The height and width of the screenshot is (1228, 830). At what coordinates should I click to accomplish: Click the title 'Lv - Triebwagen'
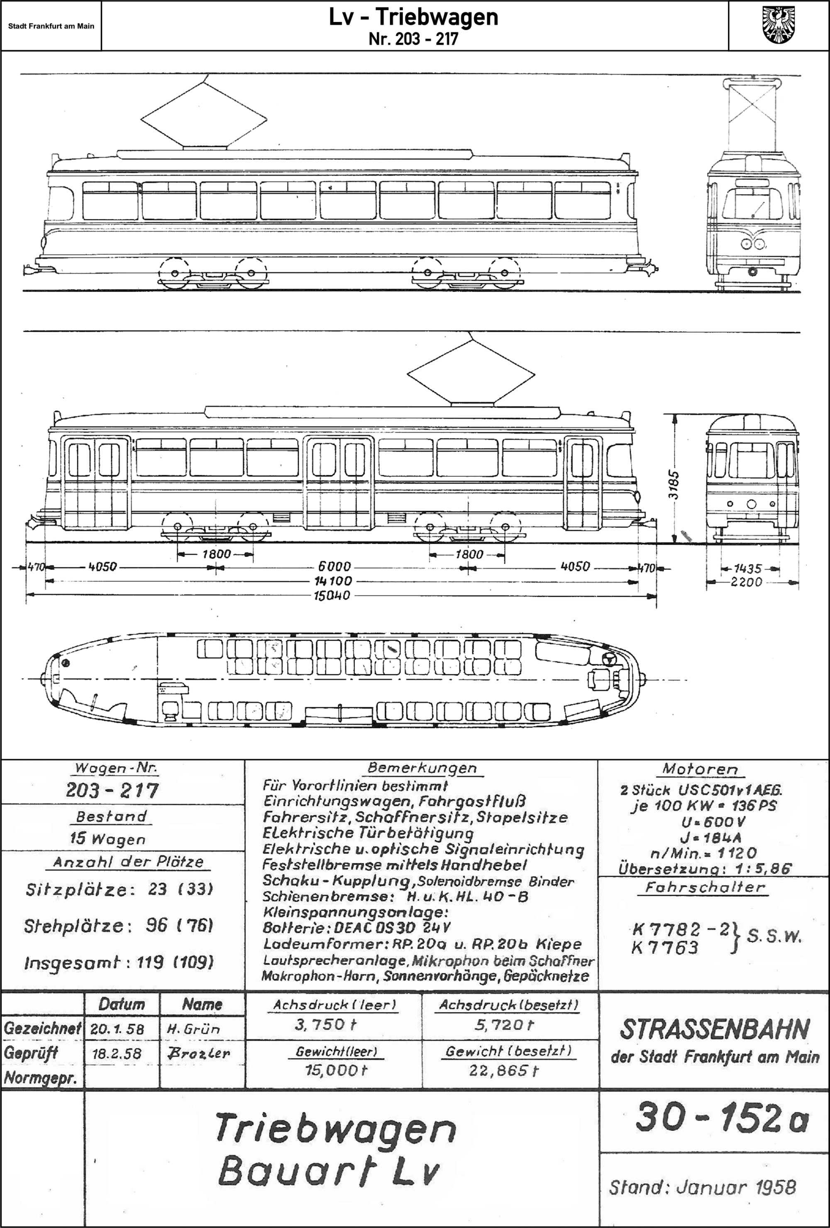(413, 17)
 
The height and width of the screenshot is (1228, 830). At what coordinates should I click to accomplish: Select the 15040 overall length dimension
(332, 596)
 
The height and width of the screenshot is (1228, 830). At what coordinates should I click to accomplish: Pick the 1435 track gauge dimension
(747, 569)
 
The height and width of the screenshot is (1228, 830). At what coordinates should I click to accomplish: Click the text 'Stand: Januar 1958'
(702, 1187)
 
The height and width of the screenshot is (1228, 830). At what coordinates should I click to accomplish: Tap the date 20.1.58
(117, 1029)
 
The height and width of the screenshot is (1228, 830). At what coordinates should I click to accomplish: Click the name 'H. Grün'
(193, 1029)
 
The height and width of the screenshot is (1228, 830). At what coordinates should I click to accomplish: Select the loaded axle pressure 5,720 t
(504, 1025)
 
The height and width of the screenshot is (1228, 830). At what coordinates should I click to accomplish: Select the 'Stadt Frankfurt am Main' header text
(51, 26)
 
